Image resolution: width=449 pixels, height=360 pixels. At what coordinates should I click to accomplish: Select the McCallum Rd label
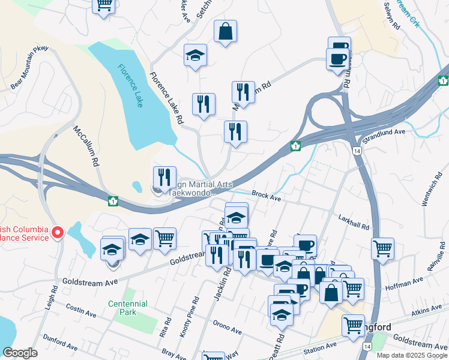pyautogui.click(x=85, y=145)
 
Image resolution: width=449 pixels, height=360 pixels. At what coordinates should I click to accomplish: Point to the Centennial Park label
pyautogui.click(x=123, y=308)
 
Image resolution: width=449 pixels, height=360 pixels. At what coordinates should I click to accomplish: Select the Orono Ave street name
pyautogui.click(x=227, y=327)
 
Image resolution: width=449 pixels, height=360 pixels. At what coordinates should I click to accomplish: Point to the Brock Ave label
pyautogui.click(x=267, y=196)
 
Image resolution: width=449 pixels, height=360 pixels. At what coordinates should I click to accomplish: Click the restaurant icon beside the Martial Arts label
pyautogui.click(x=164, y=178)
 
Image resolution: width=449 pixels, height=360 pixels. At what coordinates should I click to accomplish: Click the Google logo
pyautogui.click(x=20, y=353)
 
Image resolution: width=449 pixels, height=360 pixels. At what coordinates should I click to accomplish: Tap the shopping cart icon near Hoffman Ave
pyautogui.click(x=382, y=248)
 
